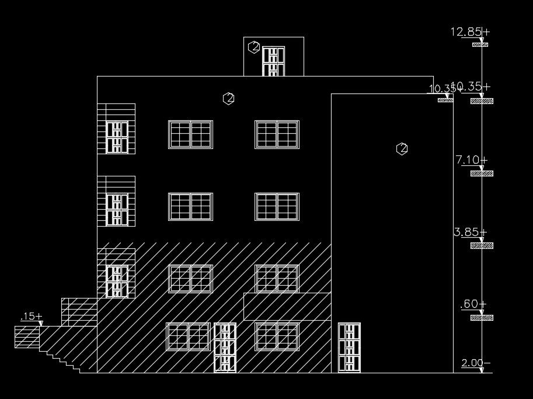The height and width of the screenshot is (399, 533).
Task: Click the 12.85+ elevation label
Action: pyautogui.click(x=469, y=32)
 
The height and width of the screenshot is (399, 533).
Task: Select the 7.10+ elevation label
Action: pyautogui.click(x=471, y=159)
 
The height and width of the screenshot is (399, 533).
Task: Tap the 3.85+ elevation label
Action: pyautogui.click(x=470, y=232)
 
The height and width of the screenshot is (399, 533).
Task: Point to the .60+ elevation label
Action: pyautogui.click(x=473, y=304)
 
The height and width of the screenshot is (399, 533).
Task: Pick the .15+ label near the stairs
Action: pyautogui.click(x=31, y=317)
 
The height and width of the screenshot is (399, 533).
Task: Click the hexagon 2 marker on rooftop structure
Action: pyautogui.click(x=253, y=47)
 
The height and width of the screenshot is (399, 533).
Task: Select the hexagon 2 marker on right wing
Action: pyautogui.click(x=402, y=149)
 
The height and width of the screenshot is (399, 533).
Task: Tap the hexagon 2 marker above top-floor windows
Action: pyautogui.click(x=229, y=99)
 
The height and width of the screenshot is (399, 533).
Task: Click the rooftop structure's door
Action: pyautogui.click(x=273, y=61)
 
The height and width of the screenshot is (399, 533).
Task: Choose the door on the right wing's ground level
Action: pyautogui.click(x=349, y=348)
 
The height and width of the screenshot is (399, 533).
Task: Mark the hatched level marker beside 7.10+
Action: pyautogui.click(x=482, y=174)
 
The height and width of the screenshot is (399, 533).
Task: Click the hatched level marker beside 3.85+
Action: pyautogui.click(x=482, y=246)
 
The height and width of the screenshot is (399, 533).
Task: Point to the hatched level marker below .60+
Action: pyautogui.click(x=482, y=318)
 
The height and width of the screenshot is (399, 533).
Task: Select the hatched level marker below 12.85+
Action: pyautogui.click(x=480, y=44)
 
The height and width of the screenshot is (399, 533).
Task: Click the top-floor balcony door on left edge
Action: pyautogui.click(x=117, y=137)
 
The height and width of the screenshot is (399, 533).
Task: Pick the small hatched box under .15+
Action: pyautogui.click(x=27, y=336)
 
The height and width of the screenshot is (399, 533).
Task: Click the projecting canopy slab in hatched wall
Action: pyautogui.click(x=287, y=306)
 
